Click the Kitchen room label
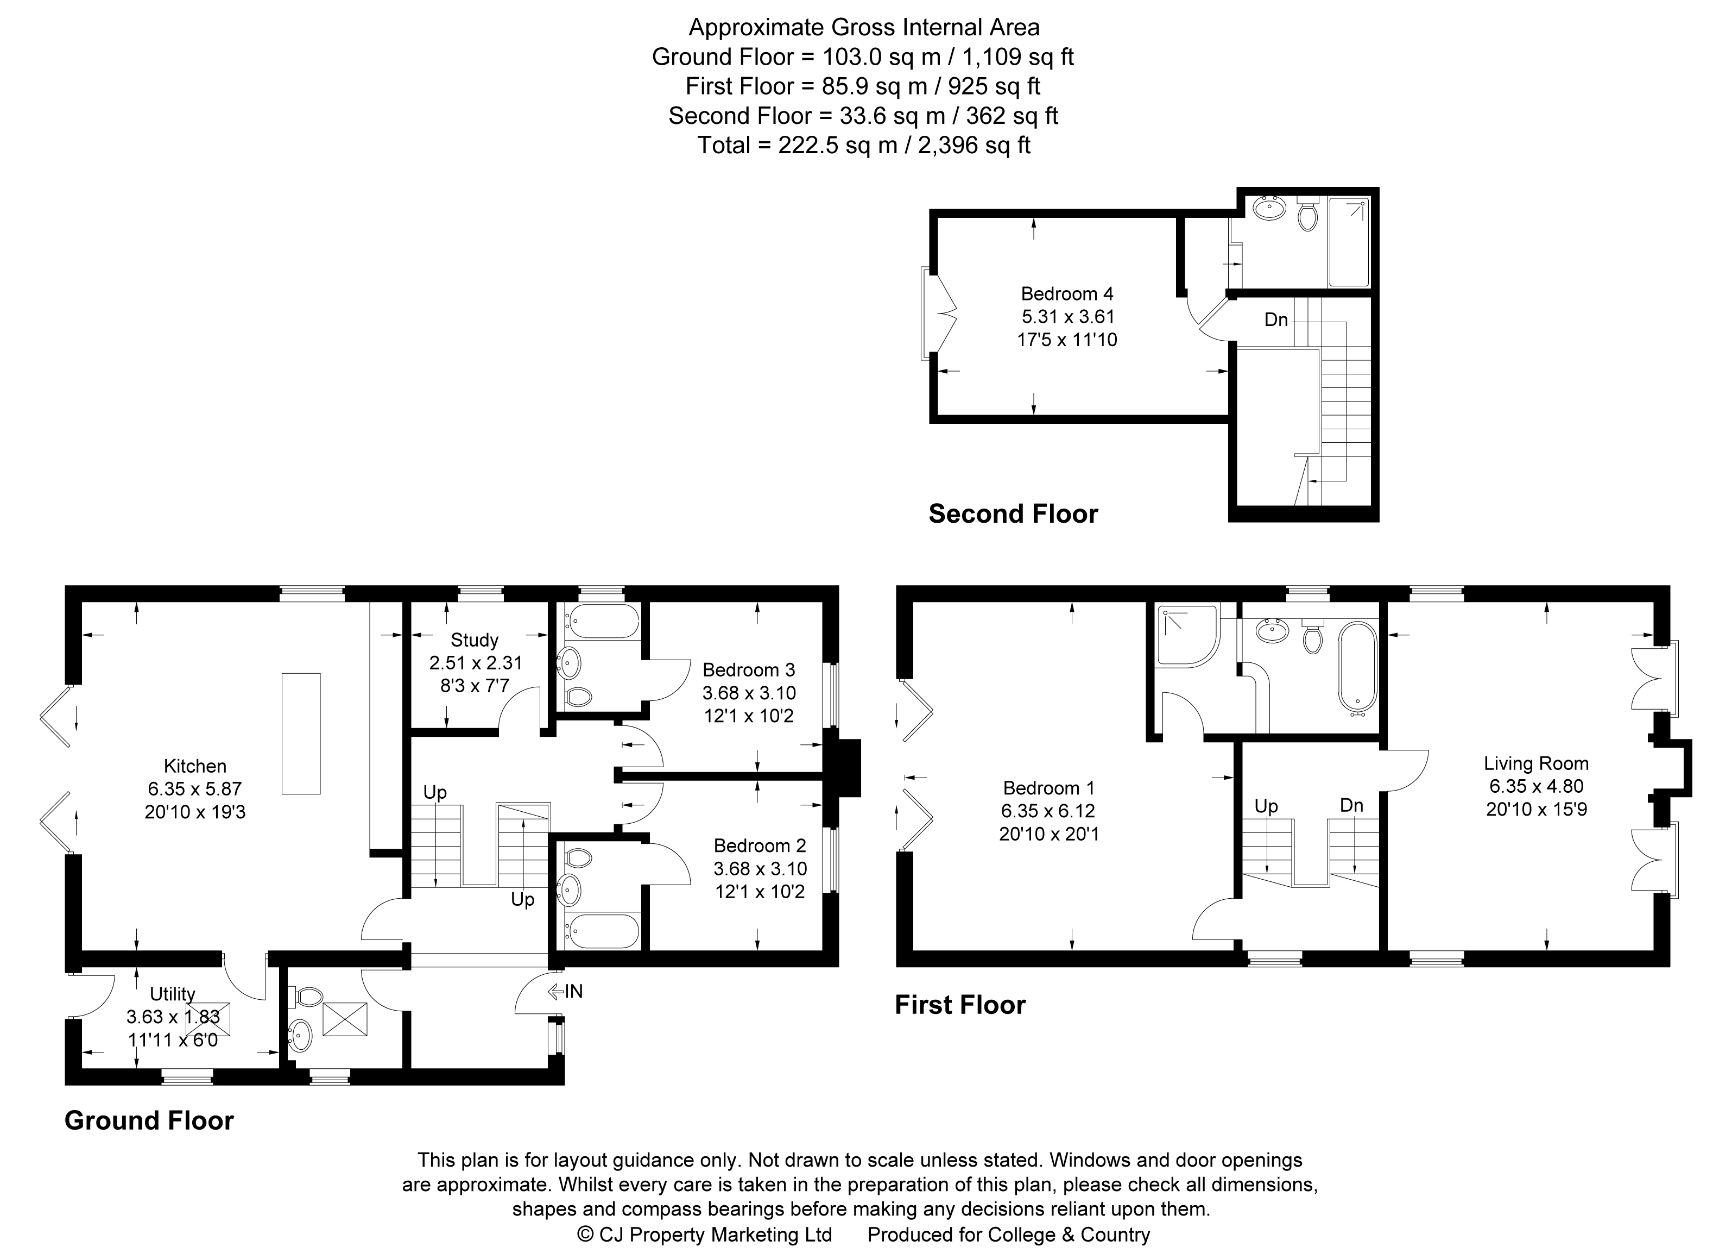coord(195,766)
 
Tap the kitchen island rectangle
coord(301,734)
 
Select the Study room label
coord(474,640)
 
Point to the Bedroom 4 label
coord(1067,293)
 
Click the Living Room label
coord(1536,763)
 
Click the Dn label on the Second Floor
coord(1276,319)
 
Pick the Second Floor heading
coord(1013,513)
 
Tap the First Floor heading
coord(960,1004)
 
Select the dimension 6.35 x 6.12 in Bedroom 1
coord(1048,811)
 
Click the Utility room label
coord(173,994)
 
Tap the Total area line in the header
coord(864,145)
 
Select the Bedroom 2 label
coord(760,846)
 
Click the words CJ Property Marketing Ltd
coord(715,1235)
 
